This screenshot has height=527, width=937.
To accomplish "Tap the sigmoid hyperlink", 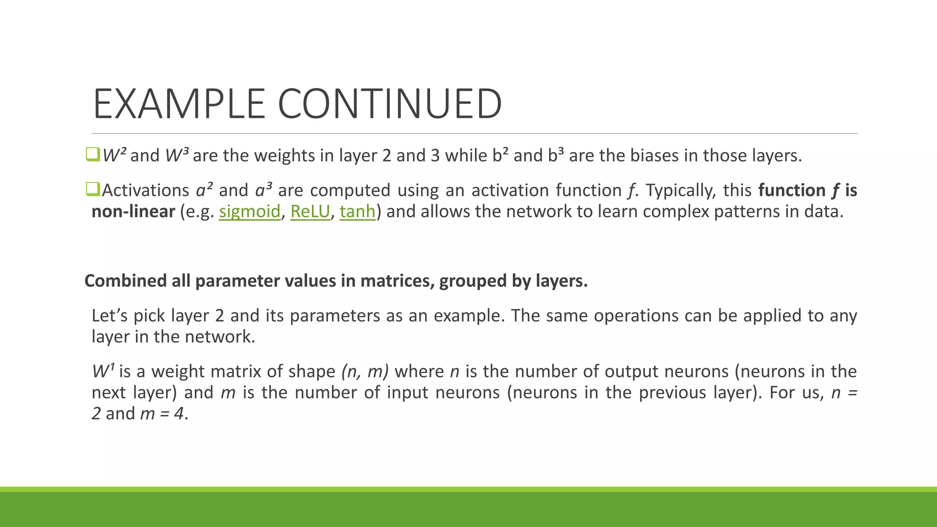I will coord(249,211).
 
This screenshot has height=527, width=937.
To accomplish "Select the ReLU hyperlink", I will coord(310,211).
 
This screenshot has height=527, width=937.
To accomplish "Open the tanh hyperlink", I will coord(357,211).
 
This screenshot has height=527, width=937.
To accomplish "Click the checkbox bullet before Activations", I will coord(92,189).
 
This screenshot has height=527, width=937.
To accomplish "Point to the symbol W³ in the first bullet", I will coord(177,155).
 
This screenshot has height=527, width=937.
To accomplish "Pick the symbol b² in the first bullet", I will coord(500,155).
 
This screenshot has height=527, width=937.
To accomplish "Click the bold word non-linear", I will coord(133,211).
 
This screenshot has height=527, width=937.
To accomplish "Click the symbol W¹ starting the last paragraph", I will coord(103,371).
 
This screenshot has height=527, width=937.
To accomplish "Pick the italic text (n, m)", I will coord(365,371).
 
